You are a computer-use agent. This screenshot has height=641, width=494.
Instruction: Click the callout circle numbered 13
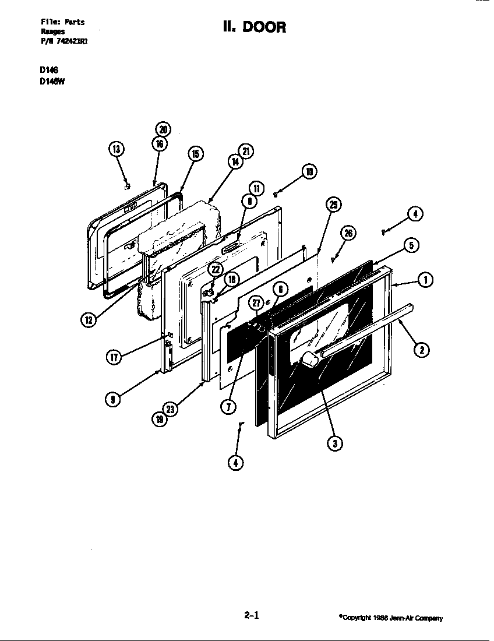117,150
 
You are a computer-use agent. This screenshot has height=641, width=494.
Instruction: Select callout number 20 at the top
163,129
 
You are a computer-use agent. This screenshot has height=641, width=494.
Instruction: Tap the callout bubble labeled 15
195,153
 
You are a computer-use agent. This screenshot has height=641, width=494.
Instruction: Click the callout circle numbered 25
334,204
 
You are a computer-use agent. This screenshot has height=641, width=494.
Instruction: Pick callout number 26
348,234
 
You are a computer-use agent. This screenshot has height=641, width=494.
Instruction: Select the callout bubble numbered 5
411,245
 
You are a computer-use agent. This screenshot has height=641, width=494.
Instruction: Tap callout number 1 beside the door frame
426,280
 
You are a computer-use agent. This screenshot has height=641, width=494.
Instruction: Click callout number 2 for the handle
421,350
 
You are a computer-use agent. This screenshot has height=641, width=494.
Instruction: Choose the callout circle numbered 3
334,443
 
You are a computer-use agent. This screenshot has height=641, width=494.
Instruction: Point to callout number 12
89,319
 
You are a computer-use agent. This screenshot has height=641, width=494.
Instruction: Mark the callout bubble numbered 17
115,357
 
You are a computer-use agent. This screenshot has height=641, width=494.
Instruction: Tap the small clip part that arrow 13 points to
127,186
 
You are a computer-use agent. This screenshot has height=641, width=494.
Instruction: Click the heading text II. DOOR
254,27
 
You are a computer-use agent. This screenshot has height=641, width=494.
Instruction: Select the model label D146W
52,82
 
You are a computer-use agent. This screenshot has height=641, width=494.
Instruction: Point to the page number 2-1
251,614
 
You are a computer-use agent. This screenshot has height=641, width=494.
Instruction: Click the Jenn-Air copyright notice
391,618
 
